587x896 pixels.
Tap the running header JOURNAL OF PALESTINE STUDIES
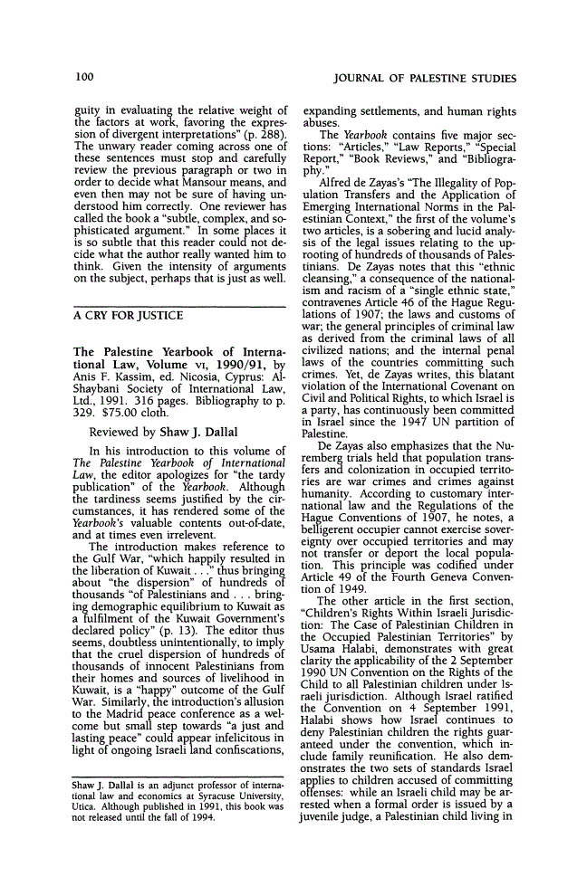pos(438,79)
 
